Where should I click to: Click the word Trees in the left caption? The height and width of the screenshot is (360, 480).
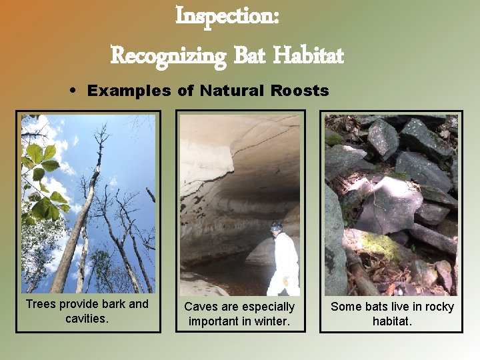pyautogui.click(x=41, y=305)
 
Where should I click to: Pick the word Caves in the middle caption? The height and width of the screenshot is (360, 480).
pyautogui.click(x=201, y=307)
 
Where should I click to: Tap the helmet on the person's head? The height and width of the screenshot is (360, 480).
pyautogui.click(x=277, y=227)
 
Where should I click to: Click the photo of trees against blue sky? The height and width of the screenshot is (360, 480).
pyautogui.click(x=88, y=203)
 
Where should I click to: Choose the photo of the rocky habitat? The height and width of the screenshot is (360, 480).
pyautogui.click(x=391, y=203)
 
